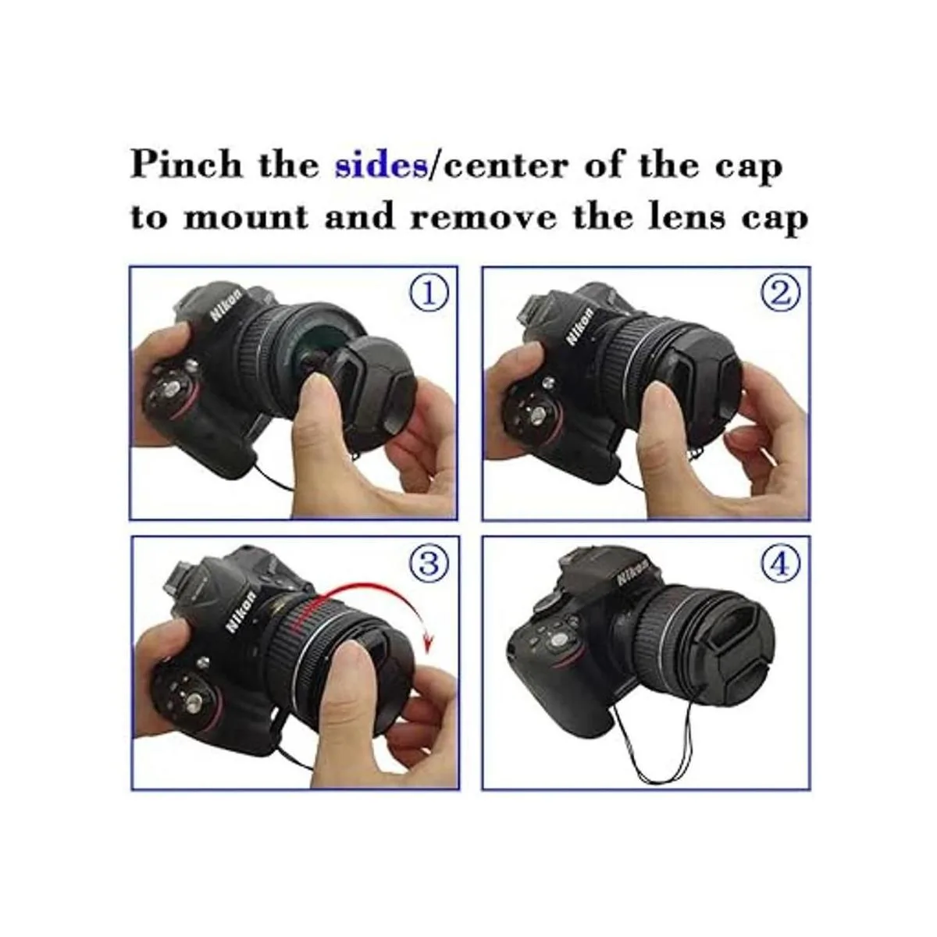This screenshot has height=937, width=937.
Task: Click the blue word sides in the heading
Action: click(x=381, y=166)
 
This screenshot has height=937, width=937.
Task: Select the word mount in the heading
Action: click(x=246, y=217)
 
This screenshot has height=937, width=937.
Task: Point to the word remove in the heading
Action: click(x=483, y=219)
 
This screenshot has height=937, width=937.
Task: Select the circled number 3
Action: click(x=429, y=565)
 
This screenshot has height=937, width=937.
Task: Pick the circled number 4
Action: click(x=780, y=565)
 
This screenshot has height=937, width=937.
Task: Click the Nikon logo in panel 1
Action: click(x=226, y=306)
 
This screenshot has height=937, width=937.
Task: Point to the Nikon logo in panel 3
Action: click(x=241, y=611)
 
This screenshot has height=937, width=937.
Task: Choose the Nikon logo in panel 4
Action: click(x=632, y=572)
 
